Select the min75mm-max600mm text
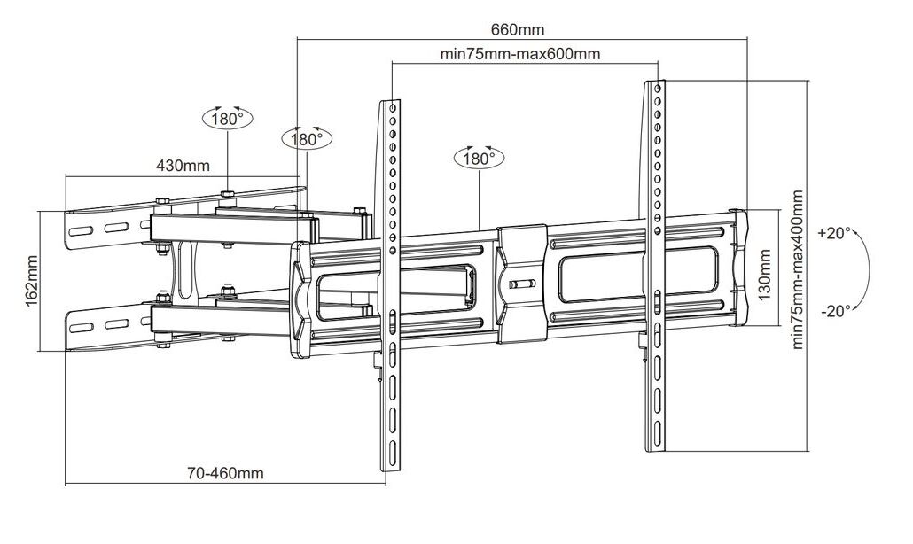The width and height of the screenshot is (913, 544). coord(520,53)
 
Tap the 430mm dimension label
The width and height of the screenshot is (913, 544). coord(183,165)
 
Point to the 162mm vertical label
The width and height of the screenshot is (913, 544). coord(31,280)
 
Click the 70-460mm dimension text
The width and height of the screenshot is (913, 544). coord(225,473)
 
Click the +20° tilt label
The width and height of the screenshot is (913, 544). coord(834,233)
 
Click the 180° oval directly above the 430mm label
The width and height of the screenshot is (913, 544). coord(228,118)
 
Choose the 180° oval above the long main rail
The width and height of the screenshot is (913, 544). coord(479,158)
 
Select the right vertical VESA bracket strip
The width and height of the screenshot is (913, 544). coord(654,266)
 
